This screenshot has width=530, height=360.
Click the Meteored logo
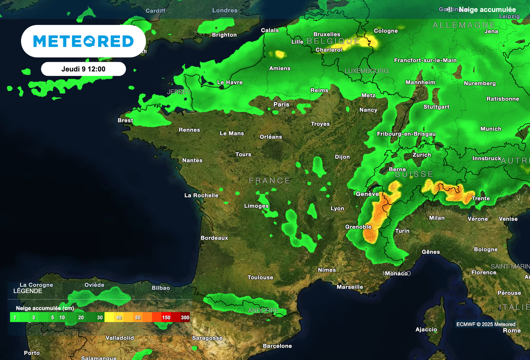[x=83, y=41]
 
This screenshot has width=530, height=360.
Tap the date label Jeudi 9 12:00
[x=83, y=69]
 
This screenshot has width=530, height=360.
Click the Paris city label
[x=281, y=104]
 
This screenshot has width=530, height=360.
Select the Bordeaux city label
[x=214, y=238]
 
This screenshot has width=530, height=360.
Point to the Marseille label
[x=350, y=287]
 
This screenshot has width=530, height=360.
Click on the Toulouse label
[x=260, y=278]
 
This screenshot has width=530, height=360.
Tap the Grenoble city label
[x=359, y=227]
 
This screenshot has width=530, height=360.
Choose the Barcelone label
[x=277, y=346]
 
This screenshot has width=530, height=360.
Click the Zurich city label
[x=422, y=155]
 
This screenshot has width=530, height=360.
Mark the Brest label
[x=125, y=121]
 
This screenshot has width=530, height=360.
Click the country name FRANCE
[x=270, y=181]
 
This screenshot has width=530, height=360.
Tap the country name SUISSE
[x=414, y=174]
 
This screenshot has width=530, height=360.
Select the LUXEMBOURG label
[x=367, y=71]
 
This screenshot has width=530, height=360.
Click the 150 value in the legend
[x=166, y=317]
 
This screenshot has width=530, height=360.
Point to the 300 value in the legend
[x=185, y=317]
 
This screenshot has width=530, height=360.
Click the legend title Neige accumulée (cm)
[x=45, y=308]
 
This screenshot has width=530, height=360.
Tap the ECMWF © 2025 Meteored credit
[x=486, y=324]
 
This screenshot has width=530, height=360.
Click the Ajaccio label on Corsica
[x=426, y=330]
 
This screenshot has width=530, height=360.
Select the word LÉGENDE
[x=28, y=291]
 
